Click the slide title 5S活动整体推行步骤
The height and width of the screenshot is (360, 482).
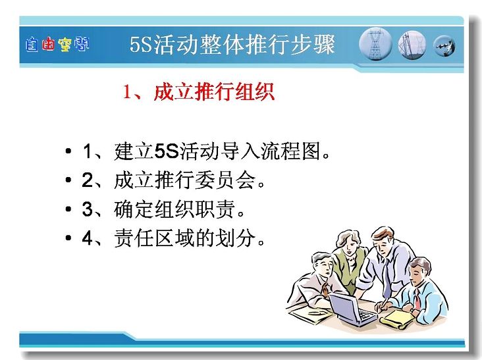click(x=232, y=45)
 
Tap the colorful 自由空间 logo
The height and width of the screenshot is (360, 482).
click(x=57, y=45)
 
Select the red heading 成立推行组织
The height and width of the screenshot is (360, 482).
click(x=214, y=91)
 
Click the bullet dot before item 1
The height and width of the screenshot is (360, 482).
click(x=68, y=151)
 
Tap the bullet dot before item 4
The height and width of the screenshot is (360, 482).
click(x=68, y=238)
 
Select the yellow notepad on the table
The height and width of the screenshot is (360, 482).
click(x=397, y=319)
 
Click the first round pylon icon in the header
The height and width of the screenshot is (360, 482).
click(x=375, y=44)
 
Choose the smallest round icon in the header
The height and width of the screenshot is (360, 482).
click(x=444, y=46)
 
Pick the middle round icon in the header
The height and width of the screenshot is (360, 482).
click(x=412, y=45)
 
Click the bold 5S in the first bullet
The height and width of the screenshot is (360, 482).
click(x=167, y=151)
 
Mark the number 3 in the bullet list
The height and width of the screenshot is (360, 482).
click(x=88, y=209)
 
